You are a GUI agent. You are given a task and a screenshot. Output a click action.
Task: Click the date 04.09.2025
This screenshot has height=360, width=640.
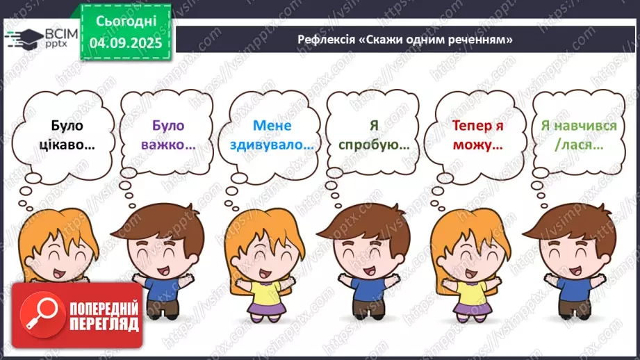[x=125, y=42]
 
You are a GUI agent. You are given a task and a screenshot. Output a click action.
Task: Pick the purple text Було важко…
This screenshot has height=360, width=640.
[x=168, y=136]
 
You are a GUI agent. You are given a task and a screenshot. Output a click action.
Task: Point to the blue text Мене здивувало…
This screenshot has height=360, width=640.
[x=272, y=136]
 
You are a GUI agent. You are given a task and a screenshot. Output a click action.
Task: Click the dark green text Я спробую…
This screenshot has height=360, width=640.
[x=374, y=136]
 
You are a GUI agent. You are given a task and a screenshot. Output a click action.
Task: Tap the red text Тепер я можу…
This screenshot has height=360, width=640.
[x=477, y=136]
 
